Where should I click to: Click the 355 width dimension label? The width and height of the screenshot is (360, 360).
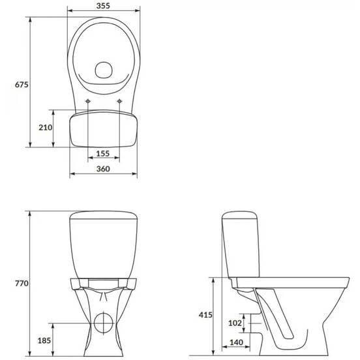103,6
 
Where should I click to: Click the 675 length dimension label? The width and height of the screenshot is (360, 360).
22,85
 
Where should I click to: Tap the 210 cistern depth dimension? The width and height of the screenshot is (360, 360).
45,127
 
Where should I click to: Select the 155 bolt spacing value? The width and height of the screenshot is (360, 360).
102,154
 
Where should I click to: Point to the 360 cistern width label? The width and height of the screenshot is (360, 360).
103,169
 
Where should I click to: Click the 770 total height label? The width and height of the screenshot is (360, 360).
22,284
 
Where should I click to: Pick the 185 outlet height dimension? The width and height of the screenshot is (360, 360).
44,340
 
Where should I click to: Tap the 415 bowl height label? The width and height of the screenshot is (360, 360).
205,315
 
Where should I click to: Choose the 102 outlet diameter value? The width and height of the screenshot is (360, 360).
235,323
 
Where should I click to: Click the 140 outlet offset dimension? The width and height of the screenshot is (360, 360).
236,342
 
